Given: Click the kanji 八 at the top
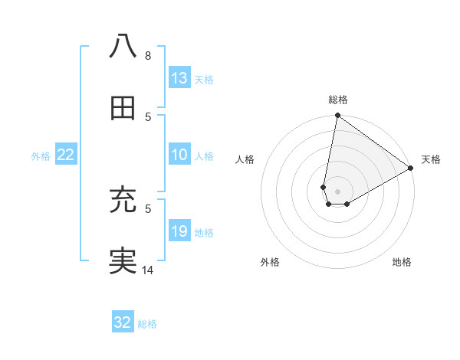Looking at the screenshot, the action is (x=123, y=47).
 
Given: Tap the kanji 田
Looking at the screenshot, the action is (x=123, y=108).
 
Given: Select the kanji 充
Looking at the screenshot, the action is (x=123, y=200).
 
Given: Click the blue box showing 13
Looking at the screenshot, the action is (x=179, y=78).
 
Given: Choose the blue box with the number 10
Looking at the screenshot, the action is (x=179, y=155).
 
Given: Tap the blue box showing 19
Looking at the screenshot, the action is (x=179, y=232).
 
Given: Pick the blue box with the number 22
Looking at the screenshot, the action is (x=66, y=155).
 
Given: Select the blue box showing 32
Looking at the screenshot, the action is (x=123, y=323).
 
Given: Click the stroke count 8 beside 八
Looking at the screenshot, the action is (x=147, y=55).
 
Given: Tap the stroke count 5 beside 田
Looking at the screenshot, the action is (x=147, y=116).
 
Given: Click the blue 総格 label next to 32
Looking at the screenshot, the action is (x=147, y=324).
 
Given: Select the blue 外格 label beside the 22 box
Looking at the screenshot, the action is (x=41, y=156).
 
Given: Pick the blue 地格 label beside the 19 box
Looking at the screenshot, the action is (x=204, y=233).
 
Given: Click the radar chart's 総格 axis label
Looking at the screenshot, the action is (x=338, y=100).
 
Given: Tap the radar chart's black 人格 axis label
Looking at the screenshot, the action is (x=245, y=159).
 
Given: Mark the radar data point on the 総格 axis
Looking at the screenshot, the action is (x=337, y=116).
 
